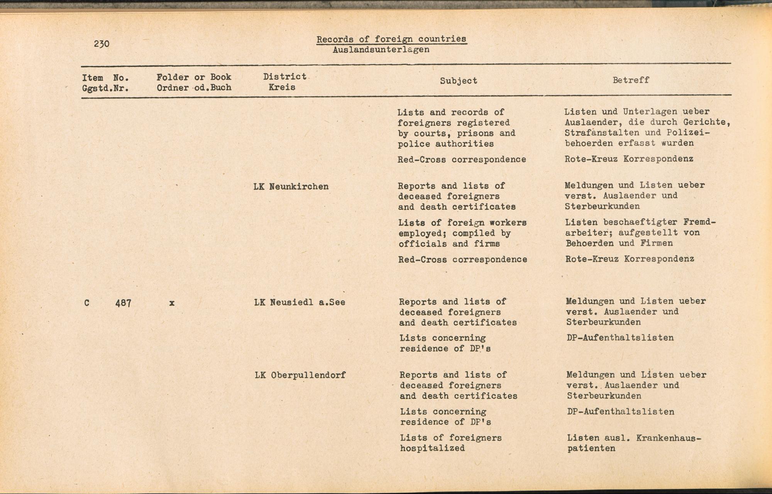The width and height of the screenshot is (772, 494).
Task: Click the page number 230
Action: pyautogui.click(x=102, y=44)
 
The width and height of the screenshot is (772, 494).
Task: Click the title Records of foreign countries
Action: pyautogui.click(x=391, y=39)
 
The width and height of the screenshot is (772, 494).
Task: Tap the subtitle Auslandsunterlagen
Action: pyautogui.click(x=381, y=50)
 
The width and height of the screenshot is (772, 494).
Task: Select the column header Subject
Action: pyautogui.click(x=459, y=81)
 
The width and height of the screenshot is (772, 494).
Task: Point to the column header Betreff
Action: pyautogui.click(x=631, y=80)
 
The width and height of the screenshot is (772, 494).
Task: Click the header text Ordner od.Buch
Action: pyautogui.click(x=194, y=88)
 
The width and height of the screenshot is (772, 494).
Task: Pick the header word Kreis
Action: pyautogui.click(x=282, y=87)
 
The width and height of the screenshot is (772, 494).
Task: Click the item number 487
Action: pyautogui.click(x=123, y=304)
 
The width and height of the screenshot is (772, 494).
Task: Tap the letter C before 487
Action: pyautogui.click(x=87, y=303)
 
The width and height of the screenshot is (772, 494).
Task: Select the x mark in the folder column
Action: pyautogui.click(x=172, y=303)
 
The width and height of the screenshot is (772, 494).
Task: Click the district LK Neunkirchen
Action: pyautogui.click(x=291, y=187)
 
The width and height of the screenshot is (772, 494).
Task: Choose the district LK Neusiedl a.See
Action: pyautogui.click(x=300, y=302)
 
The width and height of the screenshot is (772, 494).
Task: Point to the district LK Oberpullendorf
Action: pyautogui.click(x=300, y=375)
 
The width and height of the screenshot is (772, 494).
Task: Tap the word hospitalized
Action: pyautogui.click(x=432, y=448)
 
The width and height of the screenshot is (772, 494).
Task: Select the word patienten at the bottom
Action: pyautogui.click(x=591, y=449)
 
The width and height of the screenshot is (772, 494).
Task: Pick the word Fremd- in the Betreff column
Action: pyautogui.click(x=699, y=222)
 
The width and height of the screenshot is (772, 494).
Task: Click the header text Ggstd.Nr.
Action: pyautogui.click(x=105, y=88)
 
